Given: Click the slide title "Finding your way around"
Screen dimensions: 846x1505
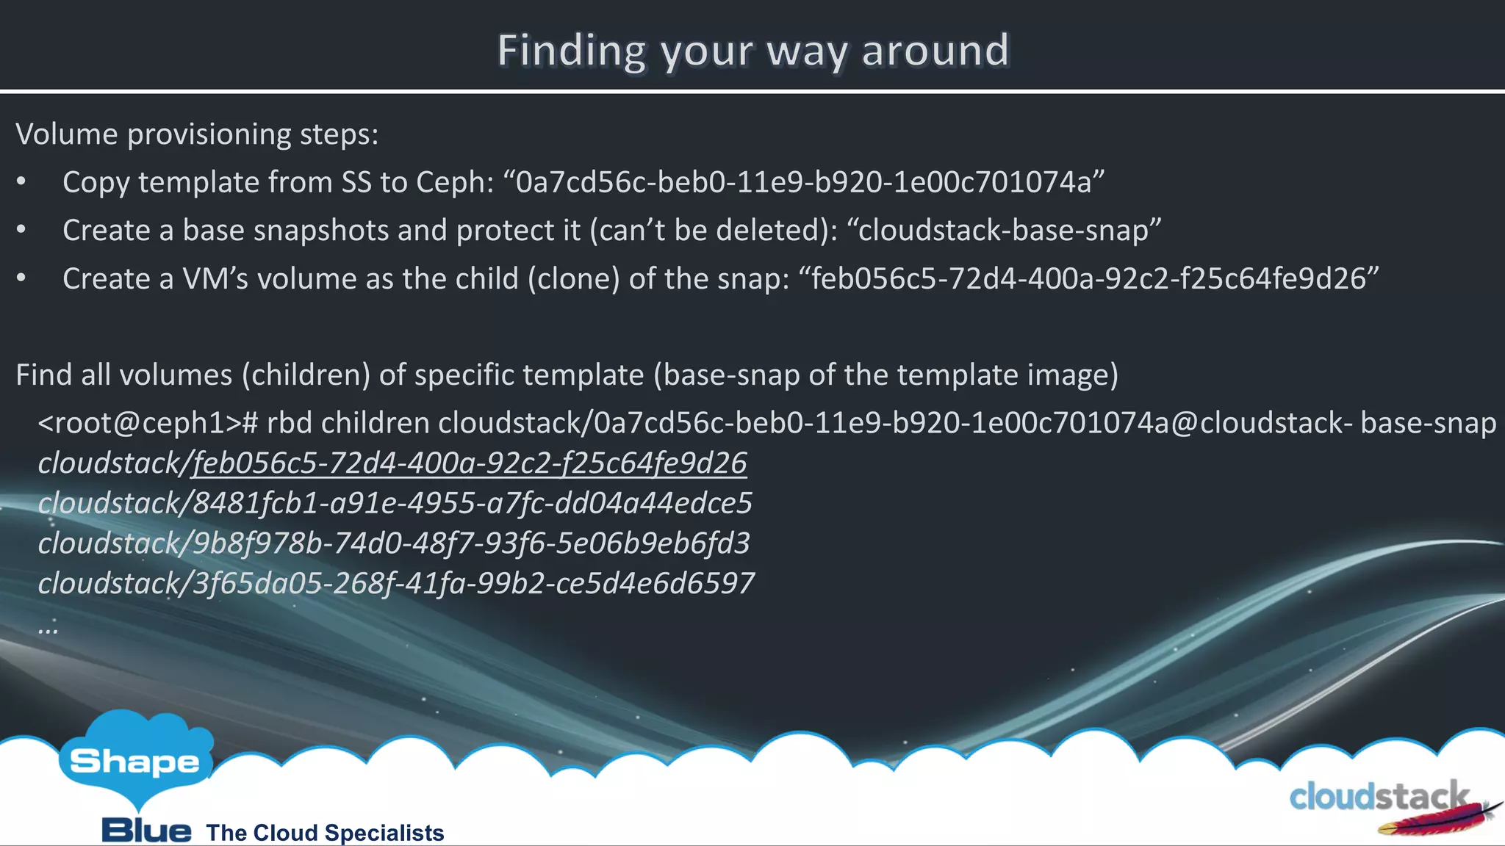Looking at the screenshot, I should [x=753, y=51].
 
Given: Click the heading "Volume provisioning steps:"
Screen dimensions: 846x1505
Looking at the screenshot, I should [x=197, y=134].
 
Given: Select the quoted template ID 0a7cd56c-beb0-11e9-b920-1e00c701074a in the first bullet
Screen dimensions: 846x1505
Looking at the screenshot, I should [x=803, y=182].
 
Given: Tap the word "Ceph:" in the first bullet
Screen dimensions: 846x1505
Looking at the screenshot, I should [x=455, y=182].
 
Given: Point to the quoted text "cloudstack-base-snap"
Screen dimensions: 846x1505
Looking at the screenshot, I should [x=1004, y=231].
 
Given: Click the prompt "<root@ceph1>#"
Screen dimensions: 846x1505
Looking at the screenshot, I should [x=148, y=424].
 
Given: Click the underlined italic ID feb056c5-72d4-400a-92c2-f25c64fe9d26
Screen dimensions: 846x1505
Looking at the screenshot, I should [x=470, y=463].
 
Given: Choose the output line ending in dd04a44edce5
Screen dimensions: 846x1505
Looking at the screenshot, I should [x=395, y=504].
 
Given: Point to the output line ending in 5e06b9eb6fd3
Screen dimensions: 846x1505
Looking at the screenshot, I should [x=394, y=543].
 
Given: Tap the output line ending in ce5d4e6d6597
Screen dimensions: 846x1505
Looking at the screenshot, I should [x=396, y=584].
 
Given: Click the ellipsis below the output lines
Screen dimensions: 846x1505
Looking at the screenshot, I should [x=48, y=629].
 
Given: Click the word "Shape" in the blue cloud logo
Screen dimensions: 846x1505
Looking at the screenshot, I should [x=134, y=762].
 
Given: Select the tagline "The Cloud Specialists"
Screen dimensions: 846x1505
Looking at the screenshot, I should [x=325, y=833].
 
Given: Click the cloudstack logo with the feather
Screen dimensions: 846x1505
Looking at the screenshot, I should [x=1389, y=803].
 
